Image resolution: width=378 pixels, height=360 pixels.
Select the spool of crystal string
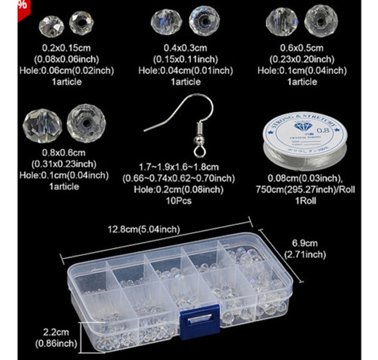click(300, 142)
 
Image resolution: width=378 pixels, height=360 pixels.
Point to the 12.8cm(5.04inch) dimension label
click(144, 228)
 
